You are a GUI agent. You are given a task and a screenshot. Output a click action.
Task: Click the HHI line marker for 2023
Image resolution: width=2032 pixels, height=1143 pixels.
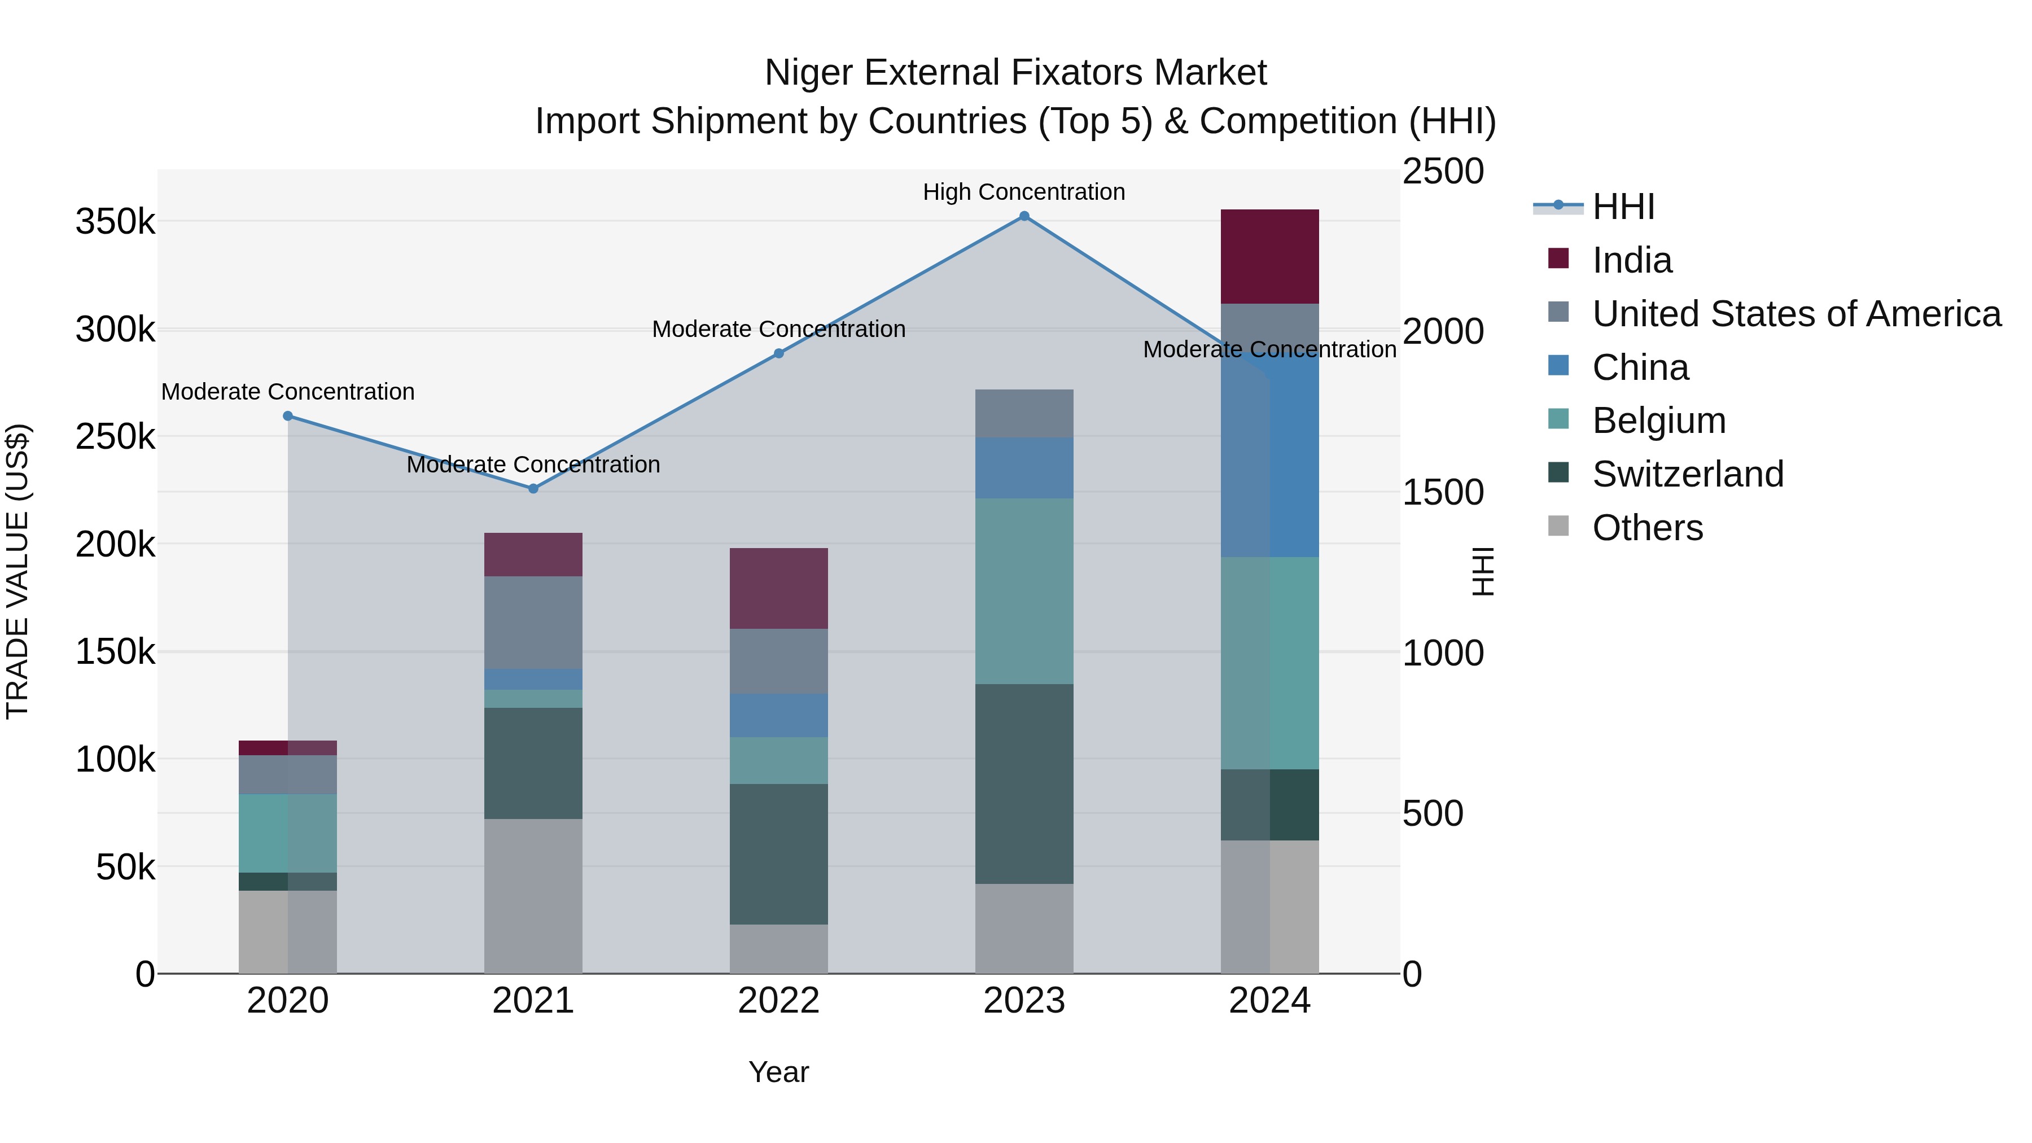tap(1024, 216)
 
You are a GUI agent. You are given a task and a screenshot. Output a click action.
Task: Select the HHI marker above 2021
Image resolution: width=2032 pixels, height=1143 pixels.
tap(533, 489)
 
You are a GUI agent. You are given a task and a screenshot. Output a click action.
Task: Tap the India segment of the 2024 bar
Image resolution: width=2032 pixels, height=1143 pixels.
tap(1269, 256)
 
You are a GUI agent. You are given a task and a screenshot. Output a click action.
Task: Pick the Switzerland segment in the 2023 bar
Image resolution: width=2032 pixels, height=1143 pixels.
tap(1024, 783)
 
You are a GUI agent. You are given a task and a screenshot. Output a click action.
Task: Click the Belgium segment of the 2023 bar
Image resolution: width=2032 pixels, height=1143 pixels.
tap(1024, 591)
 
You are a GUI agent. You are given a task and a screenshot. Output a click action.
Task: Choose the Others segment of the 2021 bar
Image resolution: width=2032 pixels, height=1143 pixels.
tap(533, 896)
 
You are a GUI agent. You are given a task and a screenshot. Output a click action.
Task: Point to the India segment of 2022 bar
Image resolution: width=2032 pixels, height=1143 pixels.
tap(778, 589)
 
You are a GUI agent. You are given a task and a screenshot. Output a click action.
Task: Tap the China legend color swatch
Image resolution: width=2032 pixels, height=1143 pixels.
tap(1558, 366)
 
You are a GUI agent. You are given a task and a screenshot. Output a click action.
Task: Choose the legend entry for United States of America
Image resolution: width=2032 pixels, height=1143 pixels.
tap(1796, 314)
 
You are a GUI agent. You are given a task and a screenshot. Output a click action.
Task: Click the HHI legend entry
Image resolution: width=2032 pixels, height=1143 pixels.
tap(1623, 207)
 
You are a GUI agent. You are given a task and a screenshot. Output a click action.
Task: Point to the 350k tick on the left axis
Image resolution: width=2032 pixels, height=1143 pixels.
tap(115, 222)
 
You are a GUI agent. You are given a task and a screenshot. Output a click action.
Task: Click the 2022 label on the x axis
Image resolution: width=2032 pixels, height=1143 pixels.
tap(778, 1001)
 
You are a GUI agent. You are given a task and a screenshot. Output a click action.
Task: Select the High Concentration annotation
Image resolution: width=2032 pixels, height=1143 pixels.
tap(1024, 192)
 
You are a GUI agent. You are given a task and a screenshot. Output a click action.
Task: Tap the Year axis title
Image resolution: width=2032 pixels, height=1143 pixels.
tap(778, 1072)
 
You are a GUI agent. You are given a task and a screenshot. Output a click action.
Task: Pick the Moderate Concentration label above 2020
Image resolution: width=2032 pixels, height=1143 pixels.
tap(287, 392)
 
